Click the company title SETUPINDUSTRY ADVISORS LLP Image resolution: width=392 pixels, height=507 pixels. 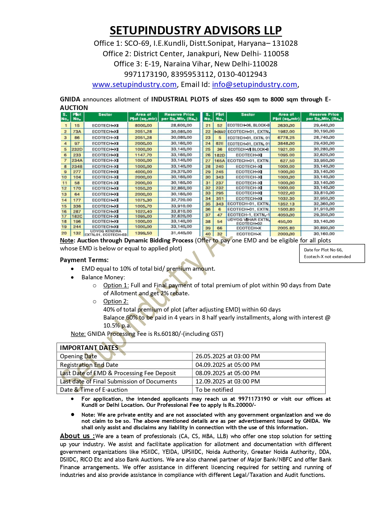point(196,30)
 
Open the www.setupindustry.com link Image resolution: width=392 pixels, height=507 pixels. point(134,84)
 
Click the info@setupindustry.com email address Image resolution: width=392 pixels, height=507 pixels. point(254,84)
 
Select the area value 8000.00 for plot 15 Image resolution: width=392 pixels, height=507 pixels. point(143,125)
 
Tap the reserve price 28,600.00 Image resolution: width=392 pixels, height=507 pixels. point(181,125)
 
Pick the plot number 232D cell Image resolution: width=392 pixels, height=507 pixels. point(77,149)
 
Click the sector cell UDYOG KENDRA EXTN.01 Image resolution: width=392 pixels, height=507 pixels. point(105,233)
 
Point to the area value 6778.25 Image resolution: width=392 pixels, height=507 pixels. point(286,138)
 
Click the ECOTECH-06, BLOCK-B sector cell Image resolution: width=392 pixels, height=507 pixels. point(248,125)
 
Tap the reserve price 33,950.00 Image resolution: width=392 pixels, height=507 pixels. point(324,160)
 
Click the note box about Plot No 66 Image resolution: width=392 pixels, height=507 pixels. point(332,253)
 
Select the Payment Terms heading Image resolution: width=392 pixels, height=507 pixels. point(84,260)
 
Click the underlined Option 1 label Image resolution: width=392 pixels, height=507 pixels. point(116,285)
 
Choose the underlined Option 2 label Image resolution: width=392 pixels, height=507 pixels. point(116,301)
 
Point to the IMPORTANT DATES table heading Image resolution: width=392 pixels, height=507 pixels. point(89,348)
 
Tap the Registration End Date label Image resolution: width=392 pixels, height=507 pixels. point(89,365)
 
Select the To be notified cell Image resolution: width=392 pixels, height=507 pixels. point(214,390)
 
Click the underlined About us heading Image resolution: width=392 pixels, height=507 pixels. point(77,436)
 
